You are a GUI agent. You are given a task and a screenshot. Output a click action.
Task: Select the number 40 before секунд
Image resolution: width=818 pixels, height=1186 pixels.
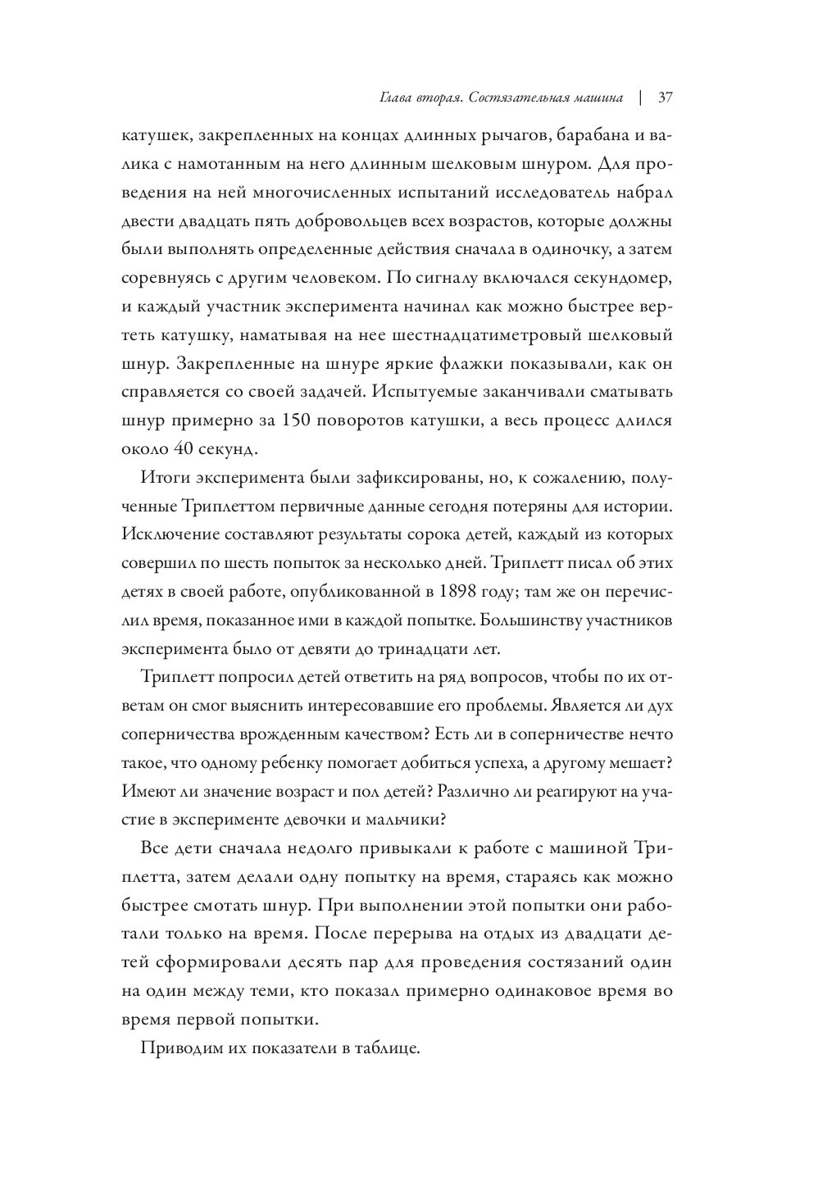[x=180, y=449]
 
